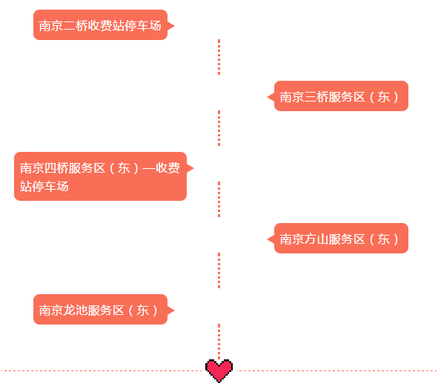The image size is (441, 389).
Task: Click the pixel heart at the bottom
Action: (x=219, y=370)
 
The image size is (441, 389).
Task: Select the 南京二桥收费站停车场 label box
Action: (x=100, y=25)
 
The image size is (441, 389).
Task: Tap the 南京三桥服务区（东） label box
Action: (x=341, y=96)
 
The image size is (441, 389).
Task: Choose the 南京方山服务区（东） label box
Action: (x=341, y=239)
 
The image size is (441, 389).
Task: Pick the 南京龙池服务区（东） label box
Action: (x=100, y=310)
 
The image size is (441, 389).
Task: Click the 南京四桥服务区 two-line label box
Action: (x=100, y=176)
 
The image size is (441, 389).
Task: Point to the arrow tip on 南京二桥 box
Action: (x=174, y=26)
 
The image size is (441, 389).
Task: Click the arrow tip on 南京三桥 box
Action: (x=268, y=97)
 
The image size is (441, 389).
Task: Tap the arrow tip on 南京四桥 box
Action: (x=193, y=168)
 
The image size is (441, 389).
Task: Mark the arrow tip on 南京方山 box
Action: (x=268, y=239)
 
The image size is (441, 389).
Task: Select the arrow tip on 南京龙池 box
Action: (x=174, y=310)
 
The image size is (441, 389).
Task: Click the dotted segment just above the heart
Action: (x=219, y=342)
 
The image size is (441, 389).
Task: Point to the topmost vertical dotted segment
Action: (x=219, y=57)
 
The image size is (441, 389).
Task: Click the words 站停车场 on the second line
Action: (x=44, y=186)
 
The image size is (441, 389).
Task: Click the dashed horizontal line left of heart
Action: (x=103, y=370)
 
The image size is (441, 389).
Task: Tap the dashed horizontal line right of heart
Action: (x=336, y=370)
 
